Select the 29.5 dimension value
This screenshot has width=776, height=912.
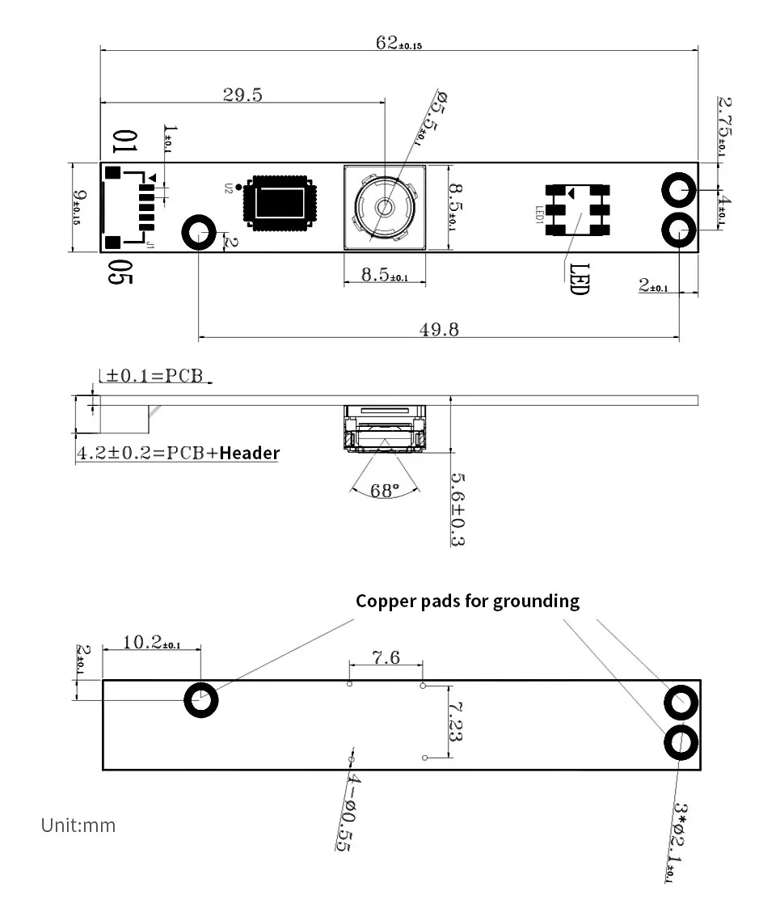click(242, 95)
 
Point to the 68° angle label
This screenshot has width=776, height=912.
click(385, 490)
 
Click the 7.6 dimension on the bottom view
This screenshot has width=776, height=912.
click(386, 657)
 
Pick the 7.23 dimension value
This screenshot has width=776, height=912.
click(454, 721)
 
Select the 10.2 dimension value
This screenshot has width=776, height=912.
click(151, 643)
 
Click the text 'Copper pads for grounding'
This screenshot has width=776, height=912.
click(467, 601)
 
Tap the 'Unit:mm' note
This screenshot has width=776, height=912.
click(78, 825)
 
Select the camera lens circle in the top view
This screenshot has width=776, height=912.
click(383, 208)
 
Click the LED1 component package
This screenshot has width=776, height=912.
click(576, 208)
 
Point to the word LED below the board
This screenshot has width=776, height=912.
click(579, 279)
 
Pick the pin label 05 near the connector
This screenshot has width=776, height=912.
click(120, 272)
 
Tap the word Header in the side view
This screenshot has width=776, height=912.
click(249, 453)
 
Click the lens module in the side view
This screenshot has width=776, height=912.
click(384, 426)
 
